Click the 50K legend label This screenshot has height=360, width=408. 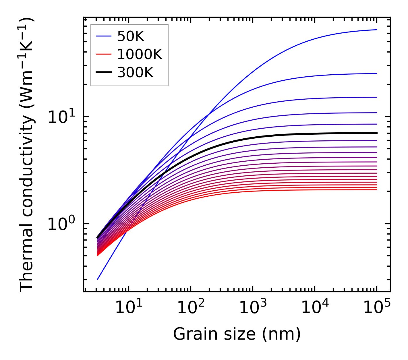pos(131,36)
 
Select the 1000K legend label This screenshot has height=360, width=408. pos(140,54)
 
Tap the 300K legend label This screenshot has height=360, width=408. pos(135,73)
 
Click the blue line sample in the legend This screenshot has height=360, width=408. pos(103,36)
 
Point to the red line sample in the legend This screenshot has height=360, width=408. pos(103,54)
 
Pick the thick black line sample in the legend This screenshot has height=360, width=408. pos(103,73)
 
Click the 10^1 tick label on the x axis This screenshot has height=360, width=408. pos(128,308)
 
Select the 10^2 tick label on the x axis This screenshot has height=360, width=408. pos(190,308)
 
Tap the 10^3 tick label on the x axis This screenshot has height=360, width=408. pos(252,308)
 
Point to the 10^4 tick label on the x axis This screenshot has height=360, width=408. pos(314,308)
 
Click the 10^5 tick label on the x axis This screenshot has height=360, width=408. pos(376,308)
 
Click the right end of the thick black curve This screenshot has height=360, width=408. pos(376,133)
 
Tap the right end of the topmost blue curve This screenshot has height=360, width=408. pos(376,30)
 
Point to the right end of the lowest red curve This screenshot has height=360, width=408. pos(376,189)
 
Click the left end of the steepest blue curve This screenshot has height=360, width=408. pos(98,279)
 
